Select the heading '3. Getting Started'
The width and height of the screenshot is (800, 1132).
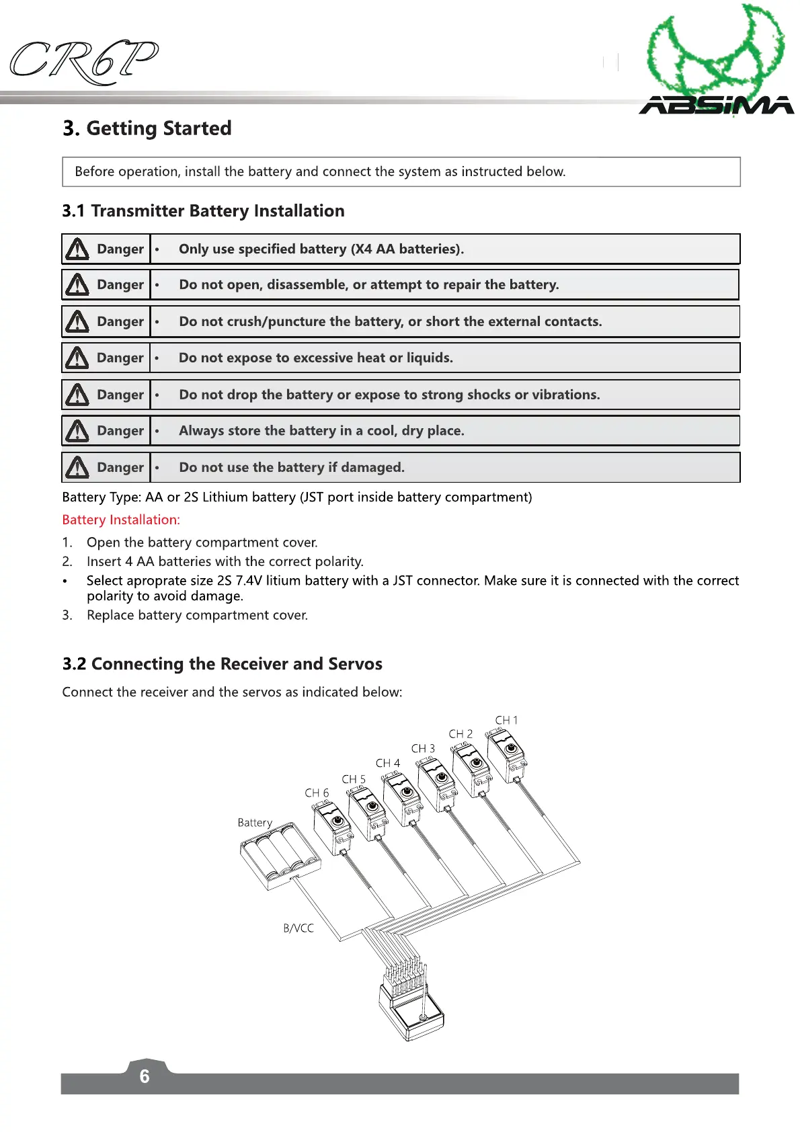(147, 128)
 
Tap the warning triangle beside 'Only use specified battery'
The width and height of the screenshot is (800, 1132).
(77, 249)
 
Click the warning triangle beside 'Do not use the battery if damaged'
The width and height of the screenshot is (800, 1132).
(77, 468)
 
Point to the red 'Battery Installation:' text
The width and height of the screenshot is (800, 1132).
(121, 520)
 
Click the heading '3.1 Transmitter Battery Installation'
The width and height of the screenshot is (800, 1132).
(203, 211)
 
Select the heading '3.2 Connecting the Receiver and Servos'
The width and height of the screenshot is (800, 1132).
(222, 664)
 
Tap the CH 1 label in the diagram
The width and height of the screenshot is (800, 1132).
(506, 720)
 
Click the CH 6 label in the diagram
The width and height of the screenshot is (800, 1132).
(317, 793)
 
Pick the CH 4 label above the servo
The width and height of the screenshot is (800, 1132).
(387, 764)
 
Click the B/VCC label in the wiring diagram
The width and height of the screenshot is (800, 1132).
(298, 928)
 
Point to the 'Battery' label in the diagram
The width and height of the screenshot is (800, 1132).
(255, 823)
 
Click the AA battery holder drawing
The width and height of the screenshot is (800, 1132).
(280, 856)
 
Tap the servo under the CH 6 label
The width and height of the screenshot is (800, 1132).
(333, 828)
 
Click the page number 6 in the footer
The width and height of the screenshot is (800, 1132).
(145, 1076)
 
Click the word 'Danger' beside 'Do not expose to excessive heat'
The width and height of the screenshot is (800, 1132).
(120, 358)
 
